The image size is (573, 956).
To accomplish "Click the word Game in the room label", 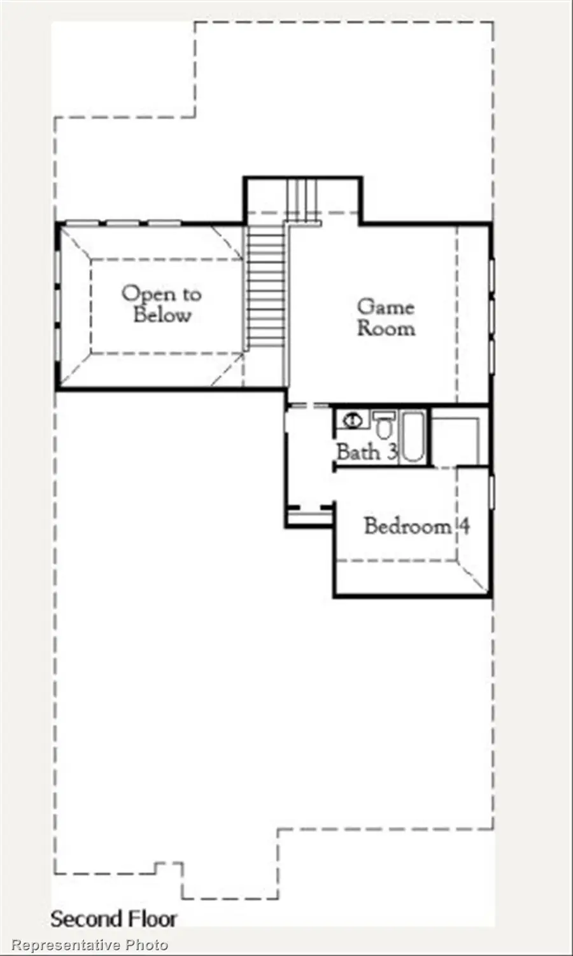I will tap(385, 307).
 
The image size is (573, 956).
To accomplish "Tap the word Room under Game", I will tap(386, 328).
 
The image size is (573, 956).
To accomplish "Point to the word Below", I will tap(162, 315).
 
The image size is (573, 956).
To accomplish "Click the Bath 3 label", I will tap(367, 452).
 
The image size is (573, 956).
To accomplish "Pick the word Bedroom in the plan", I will tap(407, 526).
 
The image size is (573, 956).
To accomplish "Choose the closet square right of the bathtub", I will tap(455, 440).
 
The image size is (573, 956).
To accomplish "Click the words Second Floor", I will tap(113, 919).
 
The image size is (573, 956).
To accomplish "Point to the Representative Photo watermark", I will tap(90, 945).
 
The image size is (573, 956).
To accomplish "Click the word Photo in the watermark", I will tap(146, 945).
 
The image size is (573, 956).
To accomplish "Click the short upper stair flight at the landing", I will tap(302, 198).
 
